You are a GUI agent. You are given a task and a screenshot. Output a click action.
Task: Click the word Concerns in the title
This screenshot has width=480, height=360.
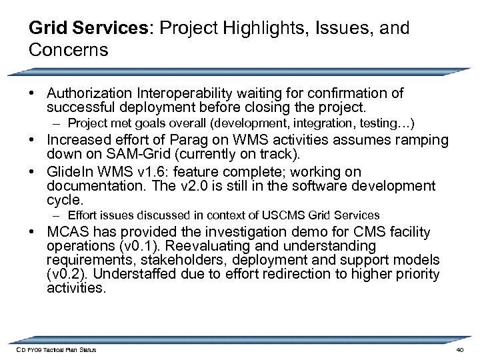point(69,50)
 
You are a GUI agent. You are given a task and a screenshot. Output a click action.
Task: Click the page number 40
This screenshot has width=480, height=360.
point(458,350)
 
